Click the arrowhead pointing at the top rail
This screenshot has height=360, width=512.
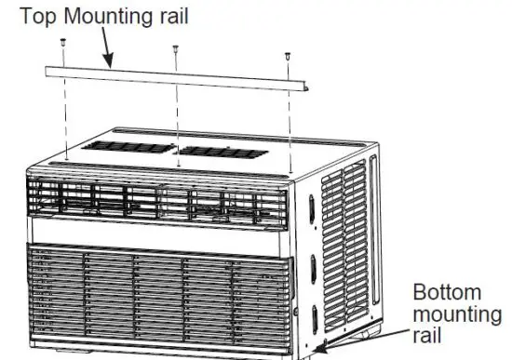(110, 64)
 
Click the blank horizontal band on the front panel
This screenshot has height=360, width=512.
(158, 232)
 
